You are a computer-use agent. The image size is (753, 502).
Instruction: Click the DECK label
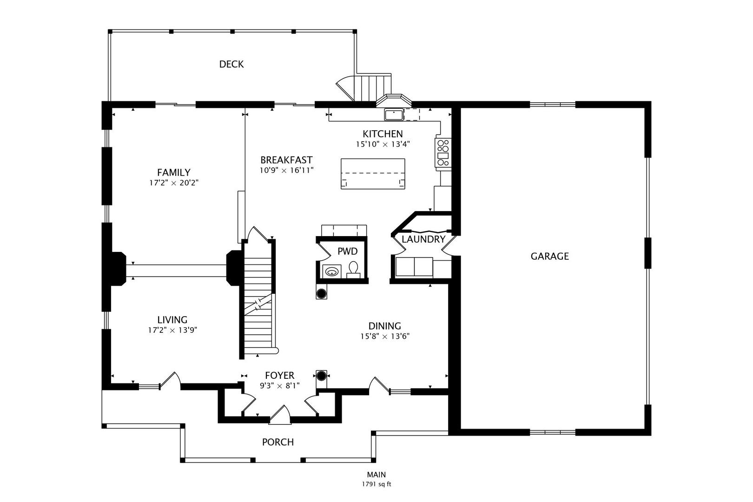tap(231, 64)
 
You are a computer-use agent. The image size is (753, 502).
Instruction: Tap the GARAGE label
tap(549, 256)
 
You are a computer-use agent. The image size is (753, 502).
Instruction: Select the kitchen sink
tap(394, 114)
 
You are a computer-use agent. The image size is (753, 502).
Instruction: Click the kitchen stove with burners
tap(443, 152)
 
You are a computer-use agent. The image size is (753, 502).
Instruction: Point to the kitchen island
tap(373, 174)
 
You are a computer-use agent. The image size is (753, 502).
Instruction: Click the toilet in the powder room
tap(353, 270)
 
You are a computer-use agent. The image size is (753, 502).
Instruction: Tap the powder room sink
tap(332, 271)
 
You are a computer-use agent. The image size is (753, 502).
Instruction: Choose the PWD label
tap(347, 251)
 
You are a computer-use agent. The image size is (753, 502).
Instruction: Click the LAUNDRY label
tap(423, 239)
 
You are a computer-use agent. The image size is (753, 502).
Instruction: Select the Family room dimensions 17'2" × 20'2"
tap(174, 183)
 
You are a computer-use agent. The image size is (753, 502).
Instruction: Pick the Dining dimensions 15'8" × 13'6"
tap(385, 336)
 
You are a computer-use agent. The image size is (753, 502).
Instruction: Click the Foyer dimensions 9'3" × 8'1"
tap(280, 385)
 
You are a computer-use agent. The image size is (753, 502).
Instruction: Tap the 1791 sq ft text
tap(376, 484)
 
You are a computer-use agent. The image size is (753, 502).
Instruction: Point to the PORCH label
tap(278, 442)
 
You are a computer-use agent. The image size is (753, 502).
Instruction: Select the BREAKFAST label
tap(286, 160)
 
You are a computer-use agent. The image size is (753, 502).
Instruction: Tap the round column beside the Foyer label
tap(322, 375)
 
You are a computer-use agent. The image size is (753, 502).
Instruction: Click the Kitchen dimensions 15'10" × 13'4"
tap(383, 144)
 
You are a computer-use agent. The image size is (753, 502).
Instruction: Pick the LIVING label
tap(172, 320)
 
